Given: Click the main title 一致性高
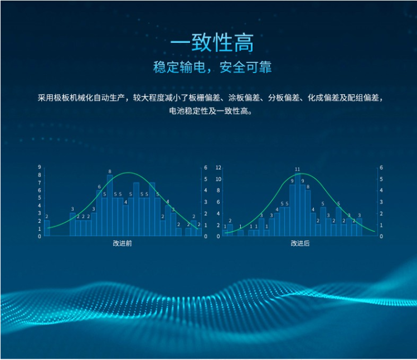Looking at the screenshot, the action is point(212,43).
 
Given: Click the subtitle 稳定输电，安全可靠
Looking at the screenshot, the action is point(212,67).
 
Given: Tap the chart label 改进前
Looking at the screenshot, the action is point(122,244).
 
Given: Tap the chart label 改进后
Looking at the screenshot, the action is point(300,244).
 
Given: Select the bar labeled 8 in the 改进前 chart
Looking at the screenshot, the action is point(110,205).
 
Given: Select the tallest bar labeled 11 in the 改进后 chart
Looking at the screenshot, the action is point(298,204).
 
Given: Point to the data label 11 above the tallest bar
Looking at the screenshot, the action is point(297,169).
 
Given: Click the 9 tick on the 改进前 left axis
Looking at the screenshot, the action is point(40,167).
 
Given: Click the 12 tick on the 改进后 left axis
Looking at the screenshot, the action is point(219,168).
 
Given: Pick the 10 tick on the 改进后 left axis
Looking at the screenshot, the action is point(219,179).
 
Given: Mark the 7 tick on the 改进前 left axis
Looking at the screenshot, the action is point(40,183).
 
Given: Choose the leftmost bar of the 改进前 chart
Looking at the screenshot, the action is point(47,228).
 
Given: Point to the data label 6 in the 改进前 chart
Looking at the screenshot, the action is point(99,187).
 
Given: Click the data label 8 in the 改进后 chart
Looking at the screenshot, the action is point(308,187).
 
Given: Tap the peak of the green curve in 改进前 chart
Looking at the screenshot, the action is point(128,173).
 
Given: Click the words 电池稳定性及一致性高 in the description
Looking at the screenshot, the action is point(210,110).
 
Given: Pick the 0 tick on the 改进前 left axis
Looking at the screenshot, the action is point(40,236).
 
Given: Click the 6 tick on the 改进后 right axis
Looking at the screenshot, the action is point(381,168).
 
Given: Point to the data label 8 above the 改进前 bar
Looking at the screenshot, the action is point(110,172).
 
